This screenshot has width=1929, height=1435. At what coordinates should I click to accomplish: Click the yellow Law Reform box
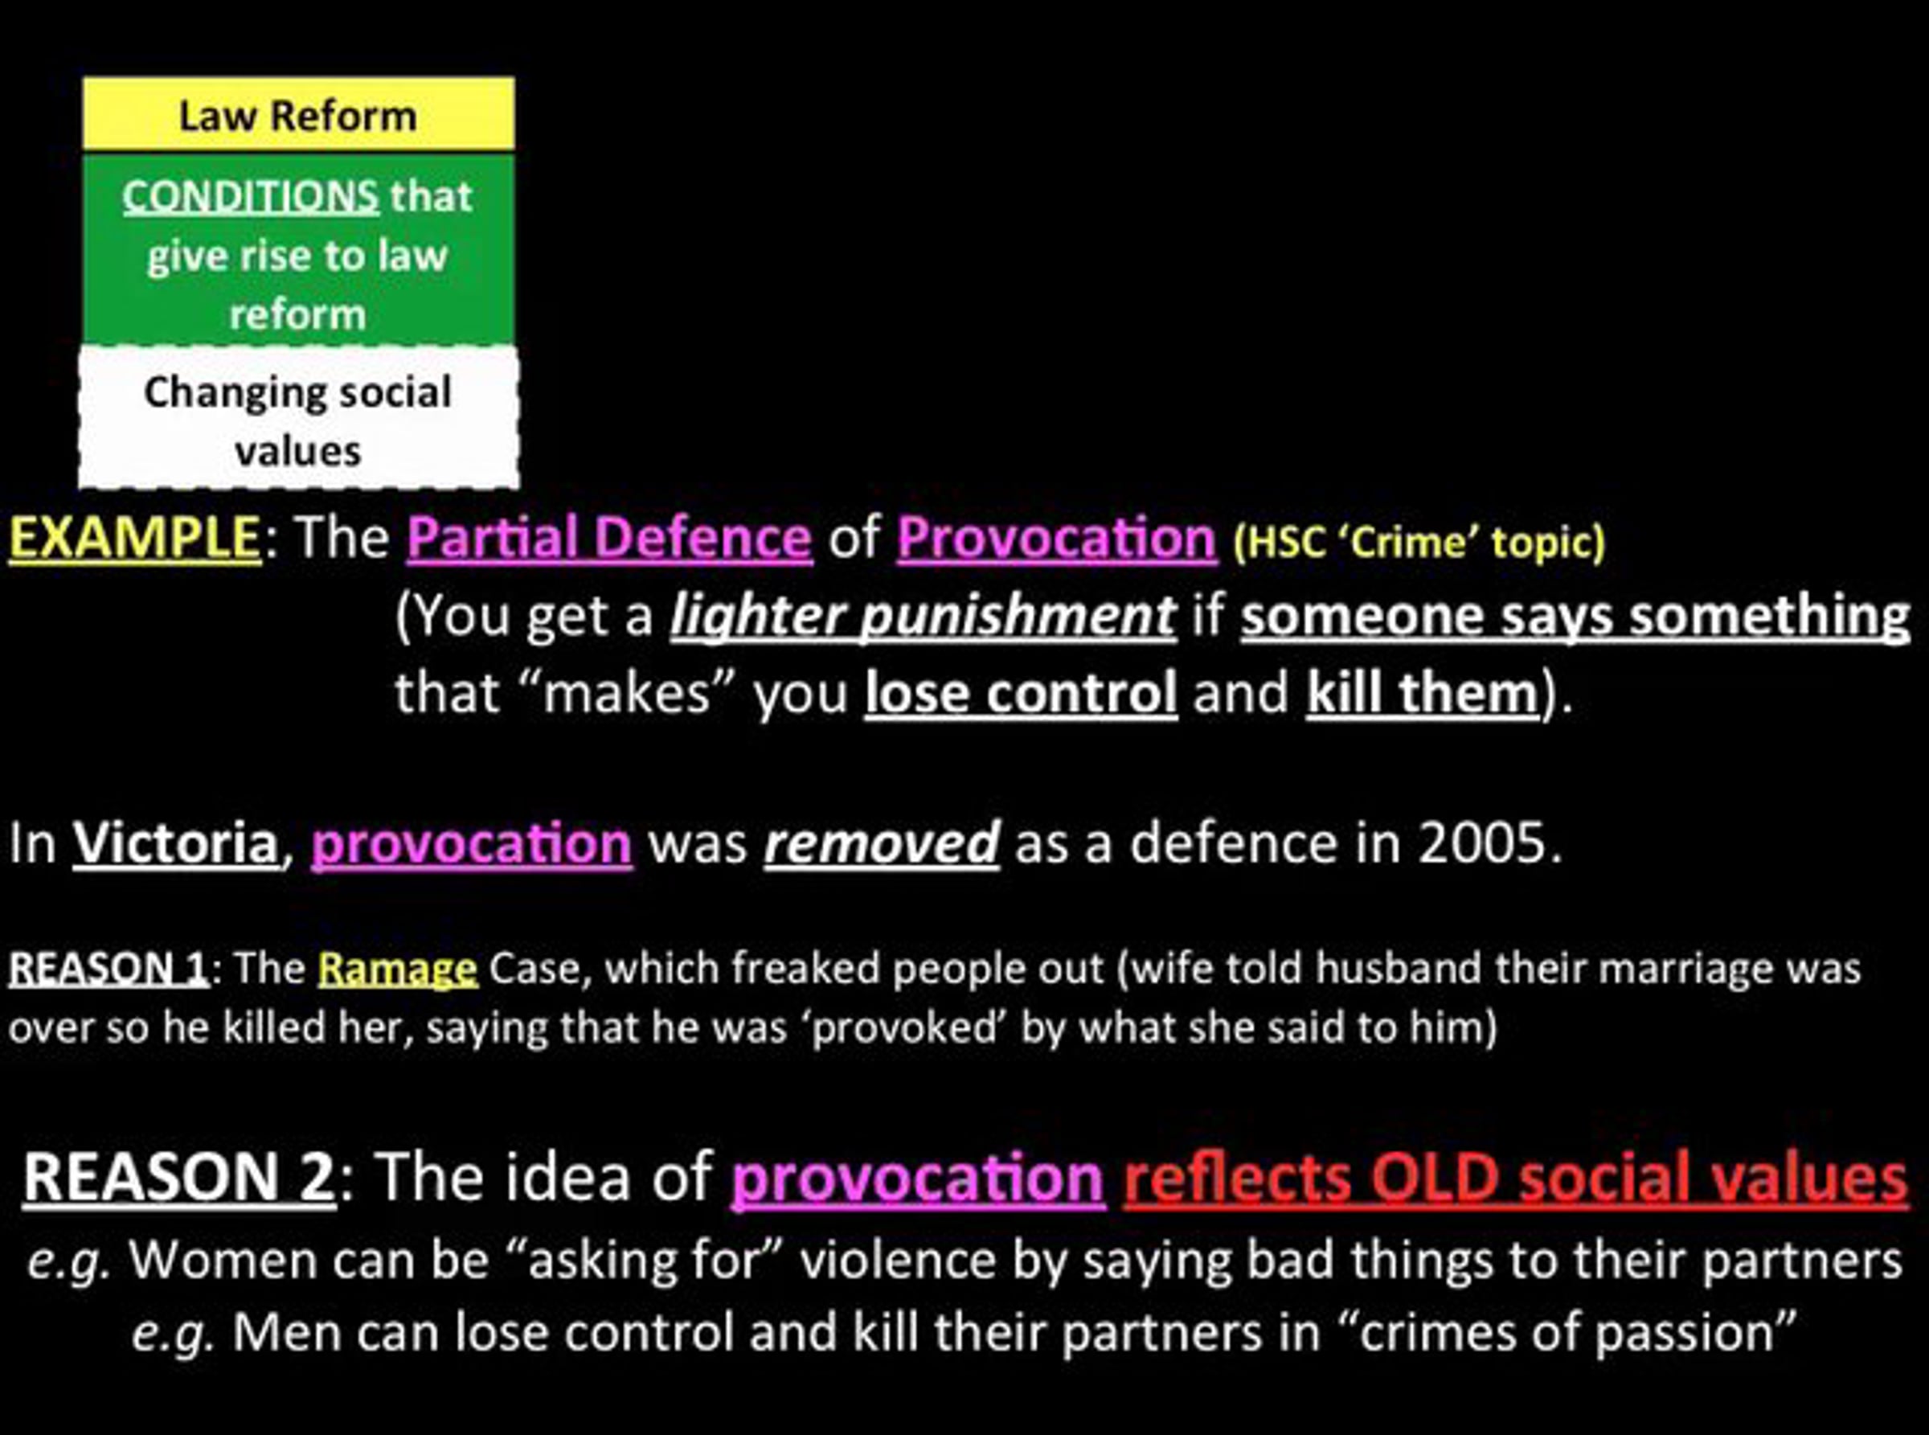coord(299,114)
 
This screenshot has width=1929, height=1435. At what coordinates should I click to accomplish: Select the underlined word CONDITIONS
coord(250,196)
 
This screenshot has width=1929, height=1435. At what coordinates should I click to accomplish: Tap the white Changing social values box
coord(299,419)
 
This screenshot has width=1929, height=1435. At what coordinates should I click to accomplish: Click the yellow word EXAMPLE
coord(134,538)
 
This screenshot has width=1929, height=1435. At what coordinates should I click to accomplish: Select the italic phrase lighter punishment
coord(924,617)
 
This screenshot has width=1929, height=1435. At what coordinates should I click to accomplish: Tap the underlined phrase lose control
coord(1022,693)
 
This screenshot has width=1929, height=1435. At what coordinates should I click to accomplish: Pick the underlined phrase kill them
coord(1423,693)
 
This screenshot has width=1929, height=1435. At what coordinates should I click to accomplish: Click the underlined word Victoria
coord(174,843)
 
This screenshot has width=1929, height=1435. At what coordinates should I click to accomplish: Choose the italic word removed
coord(882,843)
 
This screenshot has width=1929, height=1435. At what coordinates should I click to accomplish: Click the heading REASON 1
coord(109,968)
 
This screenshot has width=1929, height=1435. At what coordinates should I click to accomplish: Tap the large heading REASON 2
coord(179,1177)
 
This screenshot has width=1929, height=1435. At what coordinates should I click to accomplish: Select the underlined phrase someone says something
coord(1575,617)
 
